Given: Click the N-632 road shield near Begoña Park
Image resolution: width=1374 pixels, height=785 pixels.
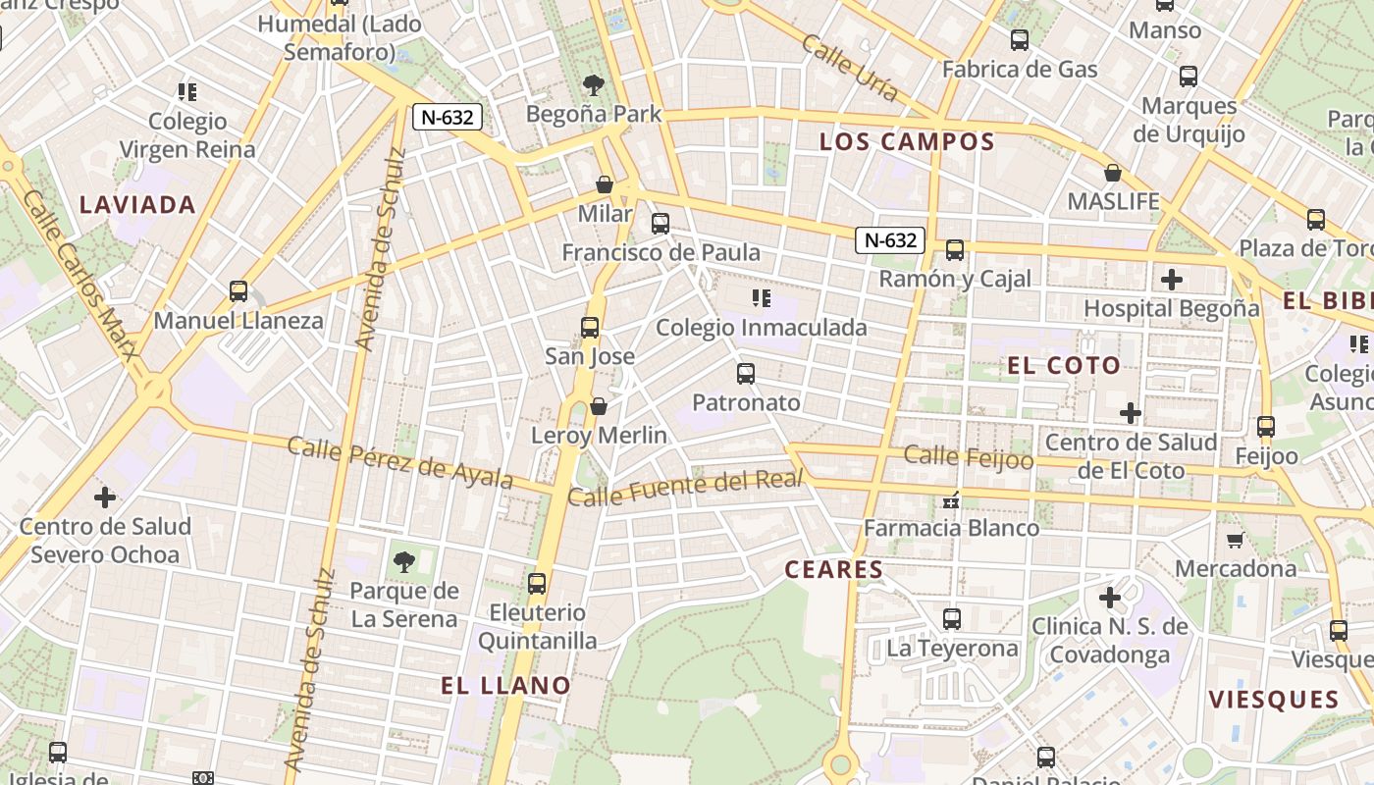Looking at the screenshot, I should pyautogui.click(x=447, y=117).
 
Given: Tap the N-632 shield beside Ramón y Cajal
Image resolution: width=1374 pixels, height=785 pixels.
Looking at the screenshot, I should pyautogui.click(x=890, y=239).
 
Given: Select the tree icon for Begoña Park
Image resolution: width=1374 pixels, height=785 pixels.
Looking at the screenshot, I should pyautogui.click(x=593, y=84).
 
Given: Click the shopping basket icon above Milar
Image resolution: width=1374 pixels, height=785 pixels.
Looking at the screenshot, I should pyautogui.click(x=605, y=184).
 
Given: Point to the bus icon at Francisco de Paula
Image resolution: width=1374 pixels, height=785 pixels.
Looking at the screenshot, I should pyautogui.click(x=661, y=224).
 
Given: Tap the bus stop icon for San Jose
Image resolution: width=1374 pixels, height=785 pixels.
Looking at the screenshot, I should pyautogui.click(x=590, y=328).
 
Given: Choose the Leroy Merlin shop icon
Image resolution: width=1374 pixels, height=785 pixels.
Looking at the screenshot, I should pyautogui.click(x=599, y=406).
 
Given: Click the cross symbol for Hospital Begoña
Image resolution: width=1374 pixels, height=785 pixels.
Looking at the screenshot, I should pyautogui.click(x=1171, y=280).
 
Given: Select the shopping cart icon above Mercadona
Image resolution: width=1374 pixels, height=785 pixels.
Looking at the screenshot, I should pyautogui.click(x=1235, y=540).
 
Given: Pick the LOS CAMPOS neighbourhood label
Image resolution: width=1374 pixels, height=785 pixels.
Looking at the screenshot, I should pyautogui.click(x=907, y=141).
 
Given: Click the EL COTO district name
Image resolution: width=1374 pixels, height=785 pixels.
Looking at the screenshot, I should pyautogui.click(x=1063, y=366).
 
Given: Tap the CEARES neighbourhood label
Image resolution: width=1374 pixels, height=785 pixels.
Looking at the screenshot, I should pyautogui.click(x=834, y=569).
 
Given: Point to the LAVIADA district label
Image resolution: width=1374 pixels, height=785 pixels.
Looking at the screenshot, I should pyautogui.click(x=137, y=205).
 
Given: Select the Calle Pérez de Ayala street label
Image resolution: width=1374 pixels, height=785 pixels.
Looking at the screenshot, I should pyautogui.click(x=399, y=462).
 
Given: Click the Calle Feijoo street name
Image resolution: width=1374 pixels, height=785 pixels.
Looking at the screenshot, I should pyautogui.click(x=968, y=456).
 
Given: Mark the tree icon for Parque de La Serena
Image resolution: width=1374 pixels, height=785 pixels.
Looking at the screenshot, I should pyautogui.click(x=403, y=562).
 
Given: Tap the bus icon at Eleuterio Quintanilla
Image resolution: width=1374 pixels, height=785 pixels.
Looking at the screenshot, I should pyautogui.click(x=537, y=584).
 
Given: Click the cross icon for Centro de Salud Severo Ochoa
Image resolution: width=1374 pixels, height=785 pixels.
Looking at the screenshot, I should pyautogui.click(x=105, y=497).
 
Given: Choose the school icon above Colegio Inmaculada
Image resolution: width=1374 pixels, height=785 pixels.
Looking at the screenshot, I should pyautogui.click(x=761, y=297).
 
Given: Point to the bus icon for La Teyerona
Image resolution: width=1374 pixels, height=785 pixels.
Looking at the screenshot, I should pyautogui.click(x=952, y=619).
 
